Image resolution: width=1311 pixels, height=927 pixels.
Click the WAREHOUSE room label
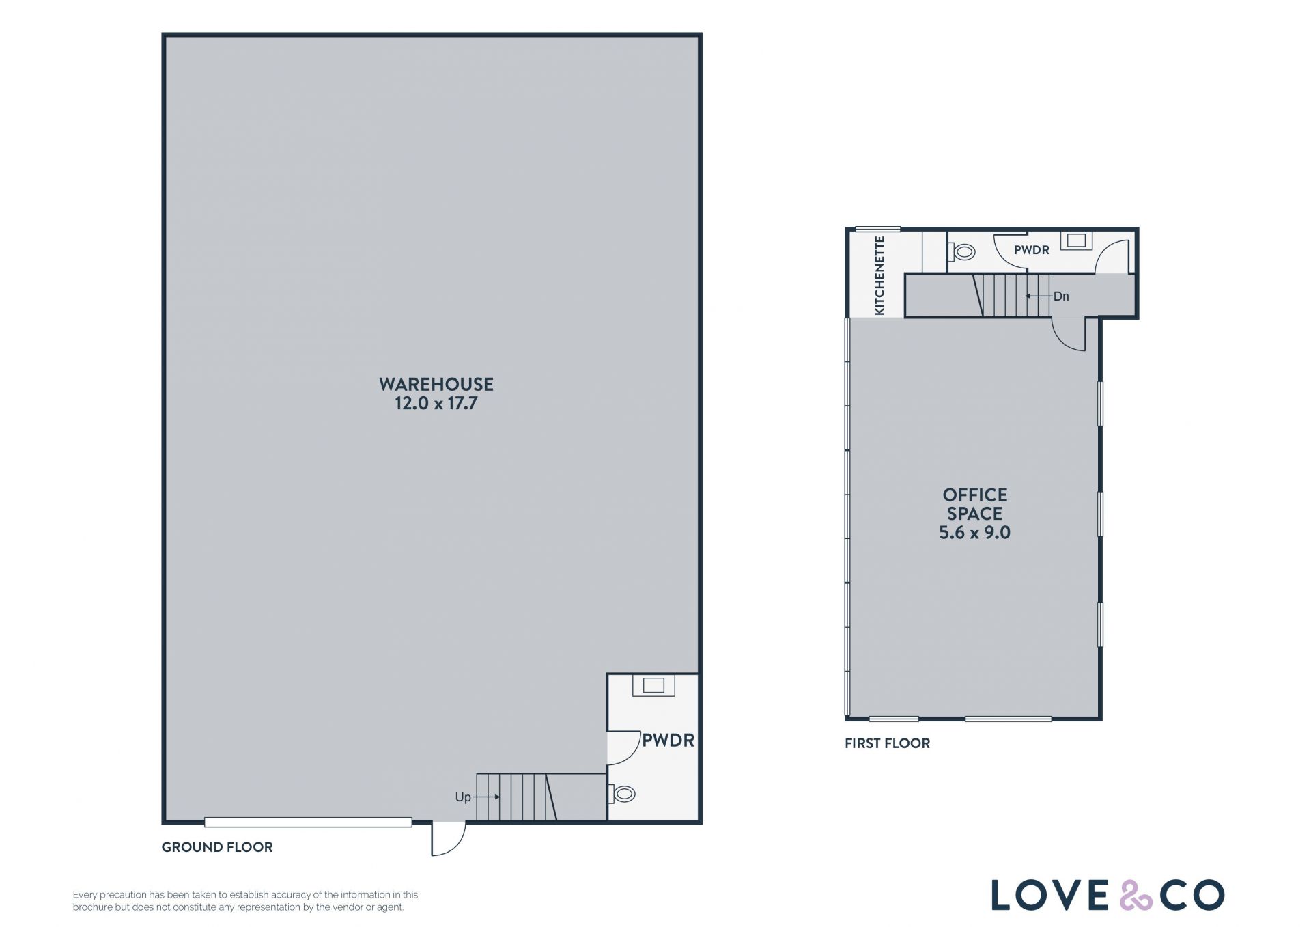pos(436,384)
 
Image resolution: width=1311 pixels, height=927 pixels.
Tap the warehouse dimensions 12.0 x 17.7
pos(436,403)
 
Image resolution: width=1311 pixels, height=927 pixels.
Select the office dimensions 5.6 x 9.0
pos(974,533)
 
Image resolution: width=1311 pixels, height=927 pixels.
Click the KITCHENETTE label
pos(879,275)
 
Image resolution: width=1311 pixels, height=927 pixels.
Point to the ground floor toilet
pos(622,794)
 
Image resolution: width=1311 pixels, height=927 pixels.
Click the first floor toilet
pos(961,252)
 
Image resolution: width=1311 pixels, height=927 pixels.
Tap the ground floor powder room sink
pos(653,685)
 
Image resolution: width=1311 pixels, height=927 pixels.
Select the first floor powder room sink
pos(1076,240)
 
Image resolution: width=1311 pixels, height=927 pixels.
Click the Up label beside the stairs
pos(463,797)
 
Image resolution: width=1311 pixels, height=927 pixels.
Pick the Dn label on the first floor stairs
pos(1061,296)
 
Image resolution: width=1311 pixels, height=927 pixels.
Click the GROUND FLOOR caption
pos(217,847)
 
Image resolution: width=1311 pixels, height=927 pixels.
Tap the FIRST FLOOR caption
pos(887,743)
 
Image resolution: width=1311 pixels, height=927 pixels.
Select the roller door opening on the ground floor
pos(308,822)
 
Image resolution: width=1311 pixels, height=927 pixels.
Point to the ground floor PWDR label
pos(668,741)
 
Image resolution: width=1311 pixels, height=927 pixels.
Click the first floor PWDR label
pos(1031,250)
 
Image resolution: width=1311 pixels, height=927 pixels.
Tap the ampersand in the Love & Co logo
pos(1136,895)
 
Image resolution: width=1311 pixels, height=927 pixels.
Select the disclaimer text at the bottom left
pos(245,901)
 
